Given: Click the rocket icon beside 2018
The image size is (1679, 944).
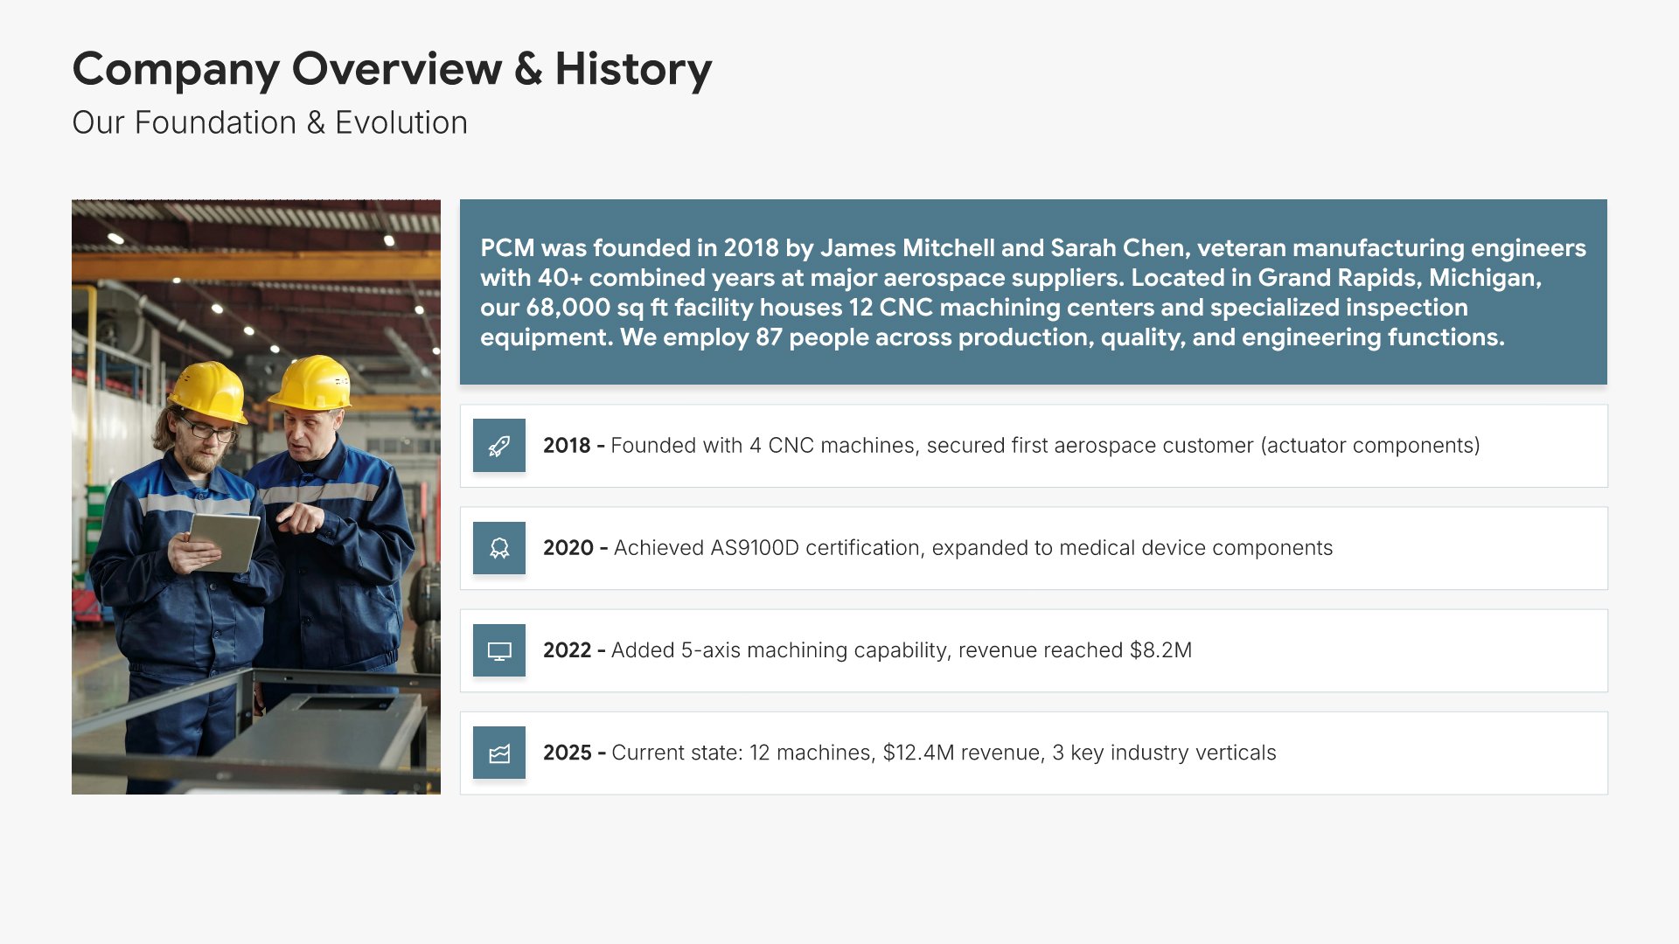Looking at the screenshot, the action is coord(499,446).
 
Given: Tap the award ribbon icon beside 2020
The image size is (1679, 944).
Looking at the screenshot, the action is coord(499,548).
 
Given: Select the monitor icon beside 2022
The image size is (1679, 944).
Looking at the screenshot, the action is coord(499,651).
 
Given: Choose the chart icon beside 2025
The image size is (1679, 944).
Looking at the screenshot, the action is coord(499,753).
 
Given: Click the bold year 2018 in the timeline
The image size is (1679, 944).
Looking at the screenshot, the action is coord(567,446).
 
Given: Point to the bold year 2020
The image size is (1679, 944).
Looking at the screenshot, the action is coord(568,548).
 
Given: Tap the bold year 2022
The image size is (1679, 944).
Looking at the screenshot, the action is coord(568,650).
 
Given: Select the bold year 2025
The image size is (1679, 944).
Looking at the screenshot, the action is coord(568,753).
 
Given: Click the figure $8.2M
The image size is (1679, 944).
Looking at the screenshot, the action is coord(1160,650).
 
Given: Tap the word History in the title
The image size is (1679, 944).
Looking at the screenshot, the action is coord(634,70).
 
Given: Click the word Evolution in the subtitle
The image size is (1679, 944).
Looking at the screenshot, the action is coord(401,123).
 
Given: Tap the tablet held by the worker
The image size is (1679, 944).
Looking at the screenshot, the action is coord(225,542).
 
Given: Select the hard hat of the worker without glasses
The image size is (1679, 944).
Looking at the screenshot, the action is coord(310,383).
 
